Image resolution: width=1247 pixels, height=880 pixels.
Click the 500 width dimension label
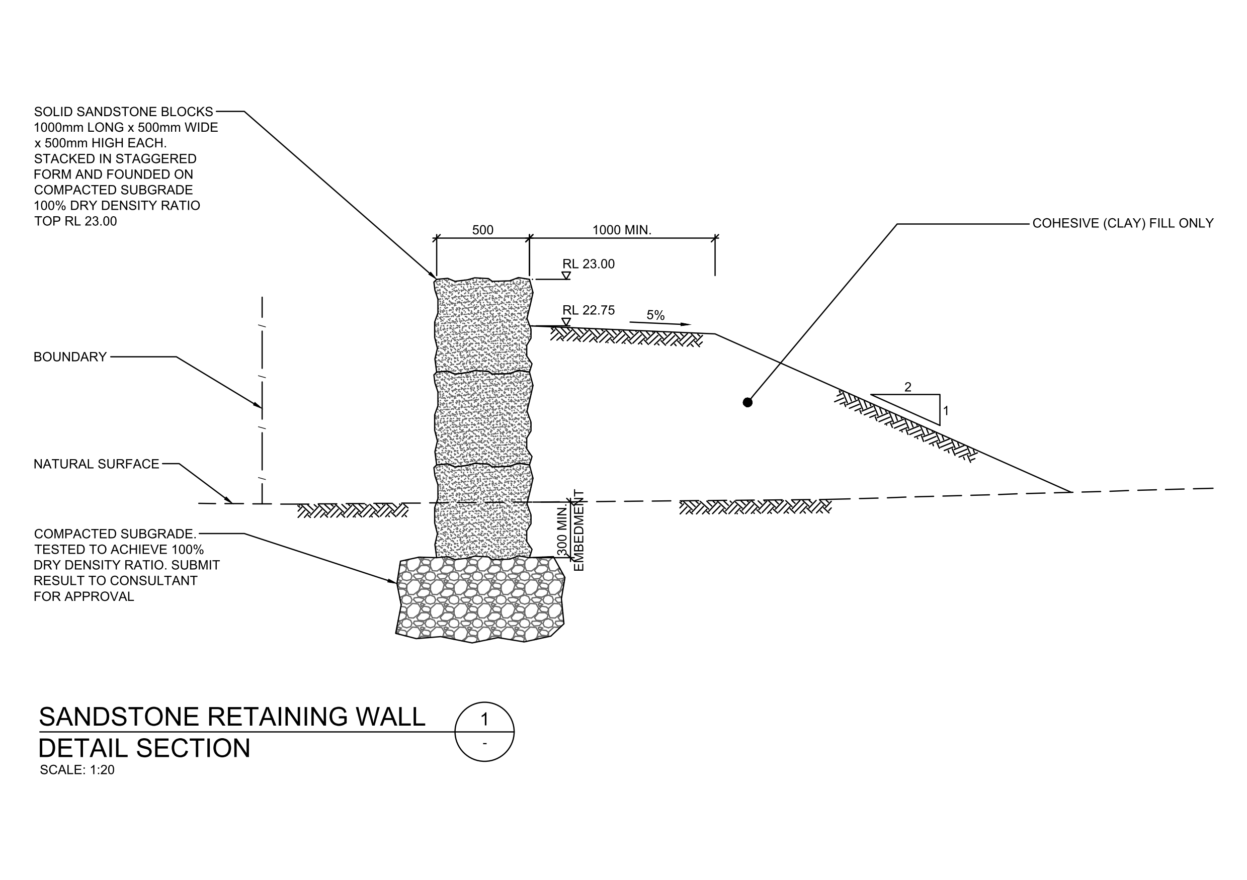482,230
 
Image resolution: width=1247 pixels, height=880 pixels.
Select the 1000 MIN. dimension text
621,230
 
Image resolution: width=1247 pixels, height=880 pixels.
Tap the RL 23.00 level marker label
588,265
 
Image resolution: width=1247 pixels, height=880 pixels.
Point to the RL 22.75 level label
588,311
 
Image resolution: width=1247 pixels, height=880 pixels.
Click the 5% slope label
655,315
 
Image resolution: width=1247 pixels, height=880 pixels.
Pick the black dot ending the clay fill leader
747,402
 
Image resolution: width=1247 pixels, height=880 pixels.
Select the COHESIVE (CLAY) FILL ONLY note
1123,224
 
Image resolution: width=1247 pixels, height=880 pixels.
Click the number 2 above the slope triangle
907,387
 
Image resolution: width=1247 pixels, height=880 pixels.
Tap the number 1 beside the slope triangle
946,411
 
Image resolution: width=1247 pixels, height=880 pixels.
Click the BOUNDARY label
70,357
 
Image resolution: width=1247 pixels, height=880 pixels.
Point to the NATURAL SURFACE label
96,464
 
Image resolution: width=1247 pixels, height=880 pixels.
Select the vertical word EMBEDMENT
579,531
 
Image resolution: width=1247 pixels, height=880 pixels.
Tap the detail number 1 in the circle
484,719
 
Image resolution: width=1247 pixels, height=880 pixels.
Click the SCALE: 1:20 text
77,770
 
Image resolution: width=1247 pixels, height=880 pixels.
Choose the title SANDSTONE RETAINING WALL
232,717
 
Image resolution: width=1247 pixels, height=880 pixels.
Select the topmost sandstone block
483,326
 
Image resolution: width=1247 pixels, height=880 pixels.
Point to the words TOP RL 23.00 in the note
75,221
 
